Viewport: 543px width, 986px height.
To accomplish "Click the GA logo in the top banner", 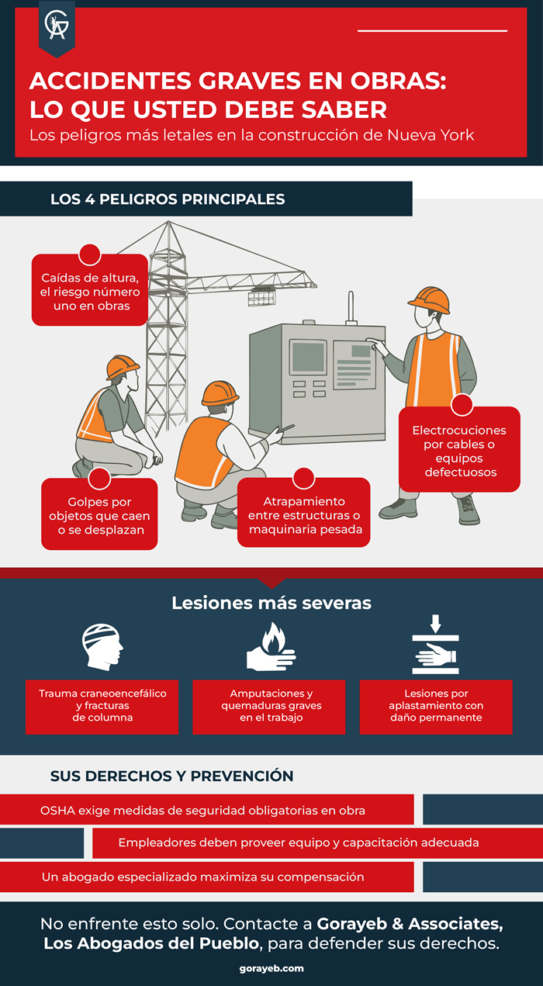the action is click(x=57, y=26).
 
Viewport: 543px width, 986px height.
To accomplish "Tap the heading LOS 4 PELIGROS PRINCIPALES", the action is click(x=168, y=199).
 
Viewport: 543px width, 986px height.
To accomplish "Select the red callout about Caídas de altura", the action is click(x=90, y=289).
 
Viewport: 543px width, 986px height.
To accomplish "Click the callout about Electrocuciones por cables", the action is click(x=459, y=449).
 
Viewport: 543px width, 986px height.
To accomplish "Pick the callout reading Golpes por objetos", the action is click(x=99, y=514).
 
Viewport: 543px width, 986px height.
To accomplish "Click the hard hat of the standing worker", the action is click(x=430, y=299).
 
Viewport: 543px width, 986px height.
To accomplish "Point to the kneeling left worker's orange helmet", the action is click(x=123, y=367).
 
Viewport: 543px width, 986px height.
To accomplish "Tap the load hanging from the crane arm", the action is click(x=261, y=296).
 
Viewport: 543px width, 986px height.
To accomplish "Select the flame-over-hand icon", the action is click(x=271, y=646).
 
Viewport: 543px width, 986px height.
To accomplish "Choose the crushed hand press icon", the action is click(x=436, y=645).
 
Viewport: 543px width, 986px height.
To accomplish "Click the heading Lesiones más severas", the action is click(x=271, y=603).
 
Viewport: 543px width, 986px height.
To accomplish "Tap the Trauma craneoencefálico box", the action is click(x=102, y=707).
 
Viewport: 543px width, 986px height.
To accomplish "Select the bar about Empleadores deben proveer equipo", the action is click(x=318, y=843).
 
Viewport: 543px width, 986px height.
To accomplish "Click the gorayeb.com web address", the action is click(x=271, y=968).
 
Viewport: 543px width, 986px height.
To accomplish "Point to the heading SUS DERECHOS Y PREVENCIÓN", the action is click(x=171, y=776).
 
